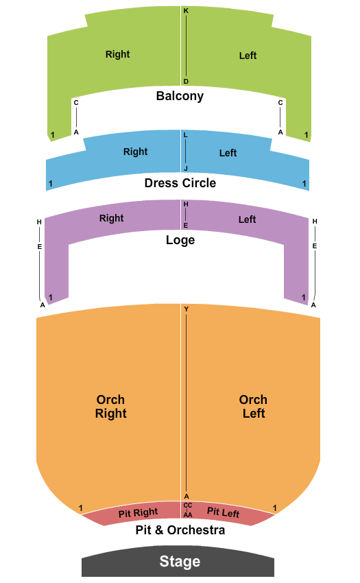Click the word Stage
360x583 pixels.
pos(180,561)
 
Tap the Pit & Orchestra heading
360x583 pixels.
pos(180,530)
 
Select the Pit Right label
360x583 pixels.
pos(138,513)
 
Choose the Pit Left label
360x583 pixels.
pos(223,512)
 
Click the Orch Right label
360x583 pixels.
pos(111,407)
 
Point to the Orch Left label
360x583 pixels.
pos(253,407)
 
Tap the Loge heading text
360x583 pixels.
pos(180,240)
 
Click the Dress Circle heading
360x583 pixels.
pos(180,183)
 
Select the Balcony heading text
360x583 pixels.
pos(180,96)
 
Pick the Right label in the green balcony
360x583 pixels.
pos(117,54)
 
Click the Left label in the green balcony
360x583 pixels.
pos(248,56)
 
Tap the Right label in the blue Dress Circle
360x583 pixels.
pos(135,152)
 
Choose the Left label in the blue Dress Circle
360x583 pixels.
pos(228,153)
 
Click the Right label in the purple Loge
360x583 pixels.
pos(111,218)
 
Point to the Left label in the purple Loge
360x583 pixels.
pos(248,219)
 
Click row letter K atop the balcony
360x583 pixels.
pos(186,11)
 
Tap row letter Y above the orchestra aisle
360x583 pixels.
pos(187,309)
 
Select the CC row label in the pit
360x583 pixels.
pos(188,505)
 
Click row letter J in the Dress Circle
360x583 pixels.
pos(186,169)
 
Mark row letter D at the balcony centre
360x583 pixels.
pos(186,82)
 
